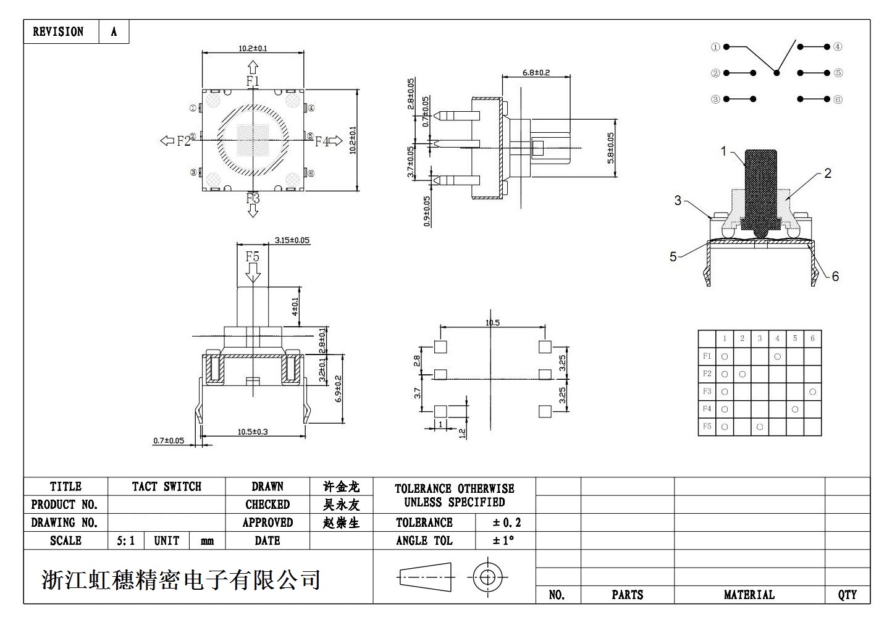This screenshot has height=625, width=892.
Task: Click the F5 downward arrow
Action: click(253, 271)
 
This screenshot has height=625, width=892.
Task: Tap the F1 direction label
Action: click(253, 81)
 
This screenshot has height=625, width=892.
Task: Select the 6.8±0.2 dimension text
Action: click(536, 72)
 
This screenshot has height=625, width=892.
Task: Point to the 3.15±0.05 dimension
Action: click(292, 240)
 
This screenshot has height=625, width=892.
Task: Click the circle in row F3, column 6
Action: click(812, 392)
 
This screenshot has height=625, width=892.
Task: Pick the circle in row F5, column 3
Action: click(760, 427)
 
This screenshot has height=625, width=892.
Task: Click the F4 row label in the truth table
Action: click(707, 409)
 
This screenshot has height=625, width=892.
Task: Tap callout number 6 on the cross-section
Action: click(835, 276)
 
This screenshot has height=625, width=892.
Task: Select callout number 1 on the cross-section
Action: click(724, 151)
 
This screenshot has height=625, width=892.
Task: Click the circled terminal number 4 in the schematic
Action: click(838, 47)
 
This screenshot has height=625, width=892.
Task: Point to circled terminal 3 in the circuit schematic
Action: click(715, 99)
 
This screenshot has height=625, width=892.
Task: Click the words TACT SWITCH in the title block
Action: click(166, 487)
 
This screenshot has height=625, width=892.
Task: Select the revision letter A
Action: click(114, 32)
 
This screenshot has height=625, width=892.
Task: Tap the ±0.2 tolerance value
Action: click(507, 522)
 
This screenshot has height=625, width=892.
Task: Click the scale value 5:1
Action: click(125, 541)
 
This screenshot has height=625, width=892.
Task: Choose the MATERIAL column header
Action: click(749, 595)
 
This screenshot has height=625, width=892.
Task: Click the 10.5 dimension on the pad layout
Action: click(492, 322)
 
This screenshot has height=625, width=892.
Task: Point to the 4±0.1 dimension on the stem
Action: click(295, 306)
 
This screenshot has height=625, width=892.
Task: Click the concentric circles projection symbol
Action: click(487, 578)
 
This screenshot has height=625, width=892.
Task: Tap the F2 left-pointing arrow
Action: click(167, 141)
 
